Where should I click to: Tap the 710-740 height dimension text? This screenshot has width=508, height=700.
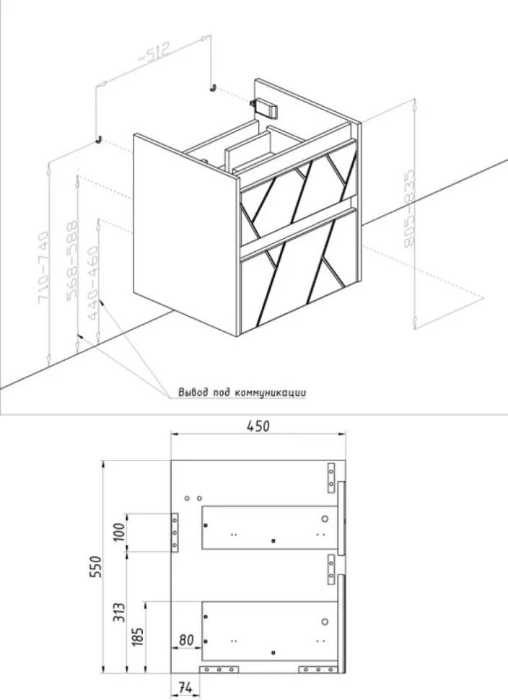click(43, 268)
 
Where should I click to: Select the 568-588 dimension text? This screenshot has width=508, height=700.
click(72, 259)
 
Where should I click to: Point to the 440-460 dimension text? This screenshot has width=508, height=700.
click(94, 283)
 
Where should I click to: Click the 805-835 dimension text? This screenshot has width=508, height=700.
click(409, 209)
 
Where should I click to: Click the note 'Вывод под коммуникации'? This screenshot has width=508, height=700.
click(242, 393)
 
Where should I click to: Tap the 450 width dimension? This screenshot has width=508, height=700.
click(258, 426)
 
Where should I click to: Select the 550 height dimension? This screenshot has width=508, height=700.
click(96, 566)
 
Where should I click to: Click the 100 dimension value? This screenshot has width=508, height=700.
click(119, 531)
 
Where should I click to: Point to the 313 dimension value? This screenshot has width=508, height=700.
click(119, 612)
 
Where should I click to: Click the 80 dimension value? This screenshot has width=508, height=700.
click(187, 639)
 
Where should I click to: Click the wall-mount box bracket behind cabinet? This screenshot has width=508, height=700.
click(265, 108)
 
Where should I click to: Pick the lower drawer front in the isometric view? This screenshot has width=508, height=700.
click(298, 271)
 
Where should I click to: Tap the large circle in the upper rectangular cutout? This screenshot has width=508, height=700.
click(325, 519)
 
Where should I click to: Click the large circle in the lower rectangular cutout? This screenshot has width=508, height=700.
click(325, 621)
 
